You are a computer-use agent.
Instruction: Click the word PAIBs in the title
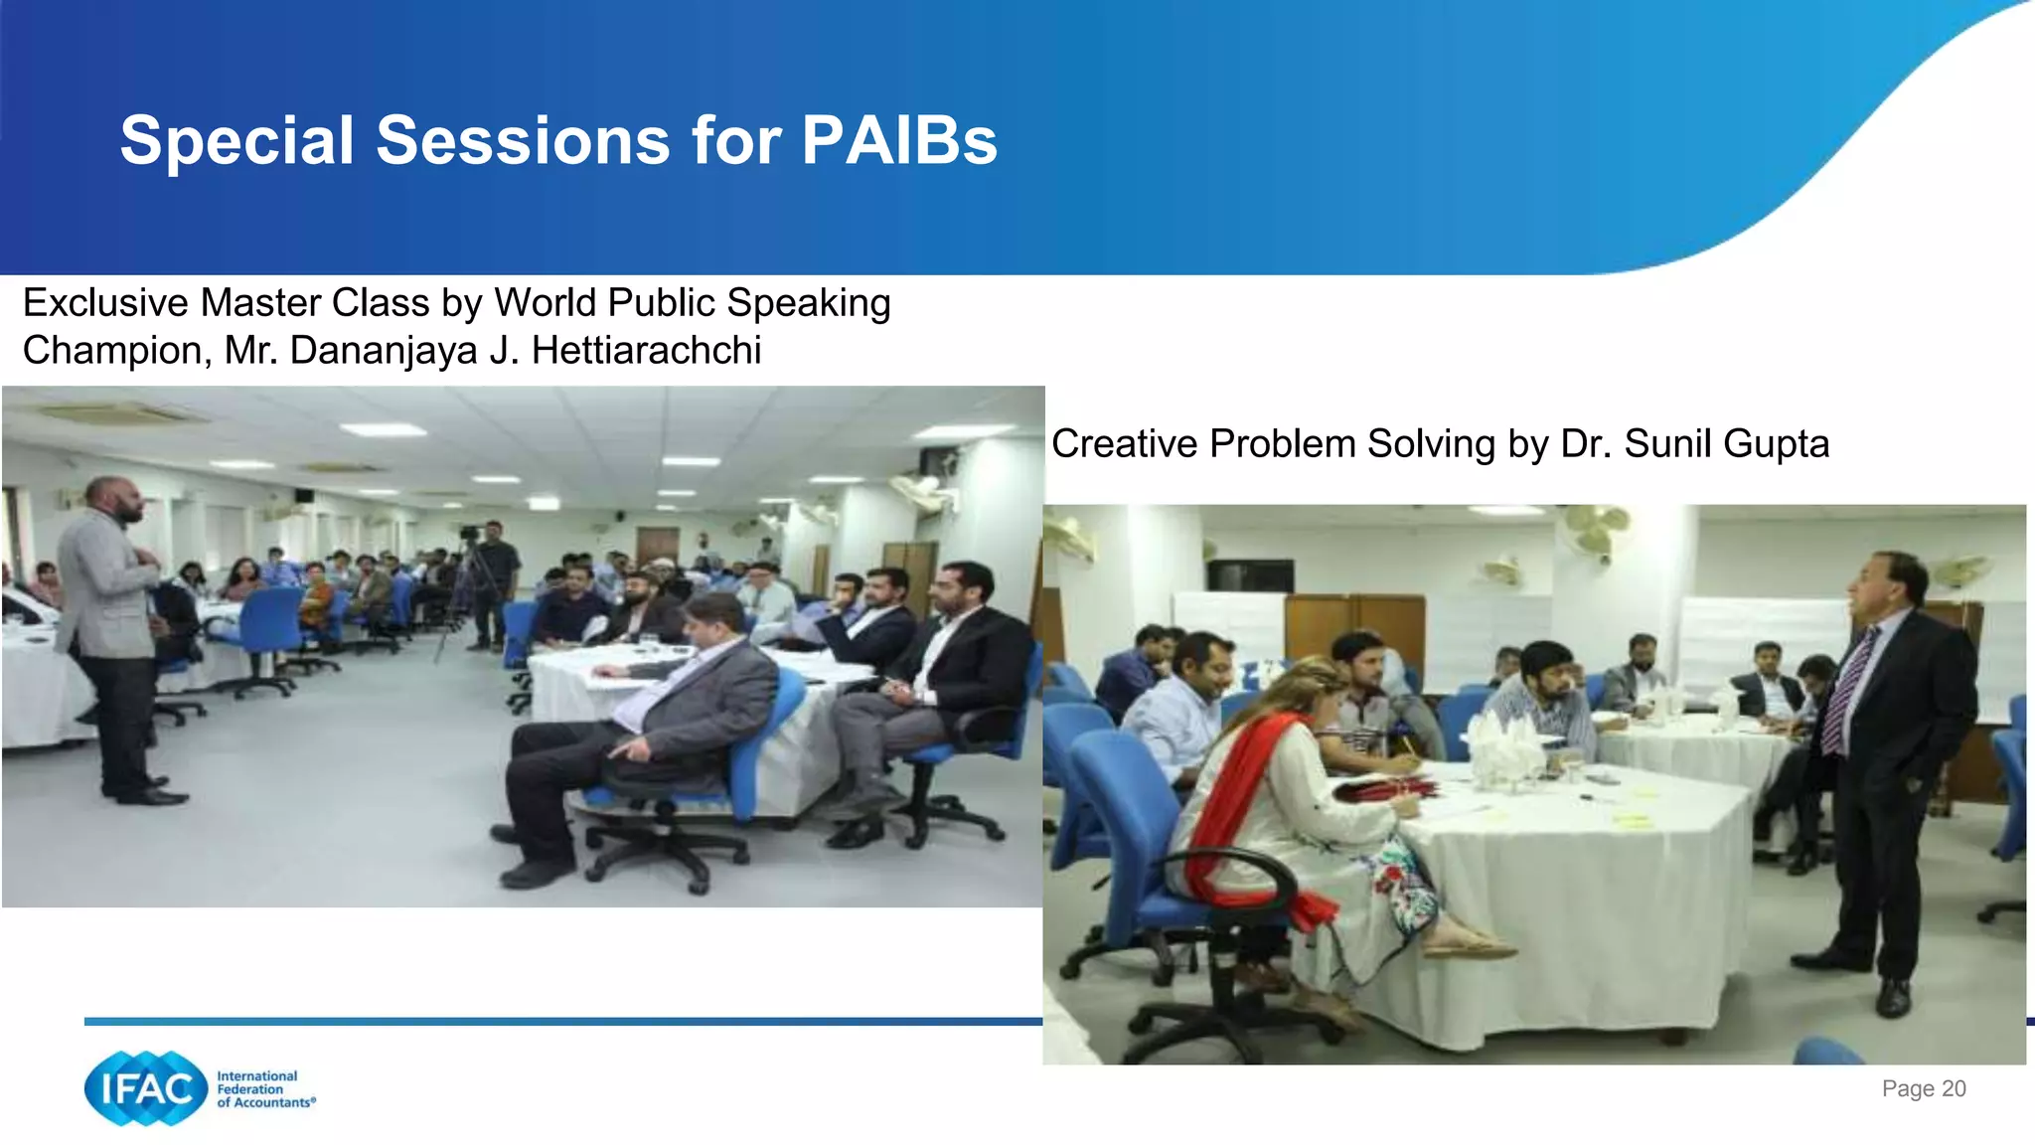point(898,141)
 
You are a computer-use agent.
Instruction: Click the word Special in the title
point(236,141)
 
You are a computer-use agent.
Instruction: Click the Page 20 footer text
point(1923,1088)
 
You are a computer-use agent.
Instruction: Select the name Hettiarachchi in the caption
point(646,351)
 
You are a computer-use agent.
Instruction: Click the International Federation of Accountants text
point(264,1089)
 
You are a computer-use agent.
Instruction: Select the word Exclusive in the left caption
point(104,303)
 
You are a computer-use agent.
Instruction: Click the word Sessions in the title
point(523,141)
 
